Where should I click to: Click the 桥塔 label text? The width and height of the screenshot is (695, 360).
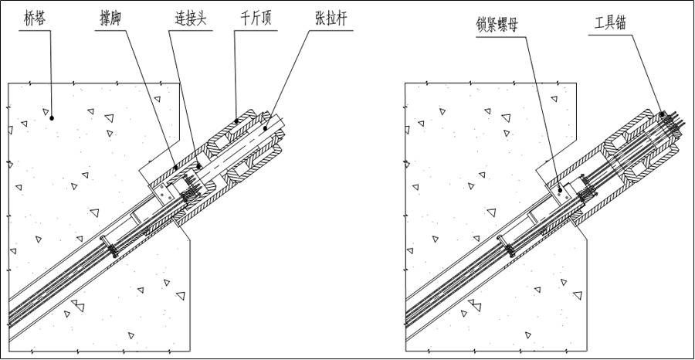(x=34, y=19)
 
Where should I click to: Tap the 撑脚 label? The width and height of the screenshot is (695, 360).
(x=110, y=19)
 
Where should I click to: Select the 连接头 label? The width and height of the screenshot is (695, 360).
(x=190, y=19)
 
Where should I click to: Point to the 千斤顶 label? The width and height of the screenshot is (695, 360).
(x=256, y=19)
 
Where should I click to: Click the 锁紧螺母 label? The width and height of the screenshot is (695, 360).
(x=496, y=25)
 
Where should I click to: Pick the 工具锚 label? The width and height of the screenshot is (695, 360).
(x=610, y=23)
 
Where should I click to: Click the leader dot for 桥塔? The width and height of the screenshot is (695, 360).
(x=52, y=118)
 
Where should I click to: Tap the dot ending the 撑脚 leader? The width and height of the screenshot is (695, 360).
(x=176, y=168)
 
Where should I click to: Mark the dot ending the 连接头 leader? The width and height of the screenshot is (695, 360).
(x=199, y=167)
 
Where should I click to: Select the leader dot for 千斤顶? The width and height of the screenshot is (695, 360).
(x=236, y=121)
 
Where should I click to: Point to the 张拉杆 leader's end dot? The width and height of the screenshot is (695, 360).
(x=265, y=128)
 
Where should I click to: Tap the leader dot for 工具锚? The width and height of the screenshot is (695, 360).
(x=663, y=114)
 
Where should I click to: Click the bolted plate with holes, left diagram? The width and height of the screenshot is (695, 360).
(x=163, y=194)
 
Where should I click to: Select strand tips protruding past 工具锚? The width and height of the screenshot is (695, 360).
(x=673, y=120)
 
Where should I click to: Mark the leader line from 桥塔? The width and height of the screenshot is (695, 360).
(x=51, y=74)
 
